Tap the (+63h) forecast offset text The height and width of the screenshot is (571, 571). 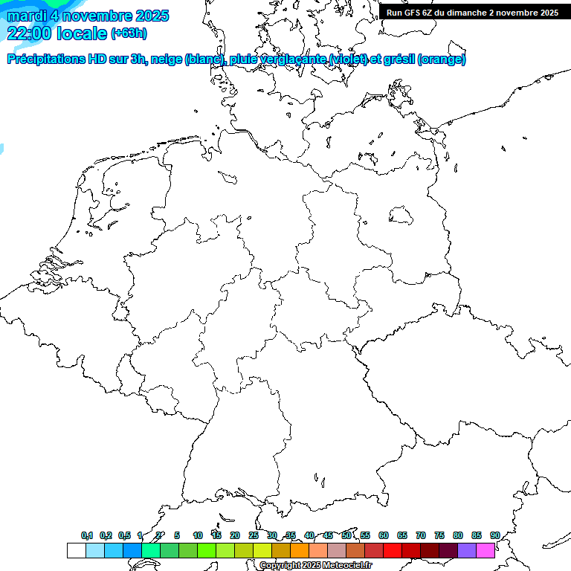(129, 33)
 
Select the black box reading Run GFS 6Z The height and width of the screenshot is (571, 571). (473, 13)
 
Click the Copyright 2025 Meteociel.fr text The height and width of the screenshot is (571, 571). (316, 566)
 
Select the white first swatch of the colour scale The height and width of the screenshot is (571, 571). (76, 551)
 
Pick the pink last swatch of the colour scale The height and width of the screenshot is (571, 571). (485, 551)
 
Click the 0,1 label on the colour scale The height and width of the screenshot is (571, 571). (87, 536)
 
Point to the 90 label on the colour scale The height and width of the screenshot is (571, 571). (495, 536)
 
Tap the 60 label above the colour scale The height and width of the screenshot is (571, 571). (384, 536)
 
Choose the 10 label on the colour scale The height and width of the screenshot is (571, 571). (198, 536)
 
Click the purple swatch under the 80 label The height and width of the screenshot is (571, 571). (467, 551)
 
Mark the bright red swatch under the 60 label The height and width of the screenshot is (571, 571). (393, 551)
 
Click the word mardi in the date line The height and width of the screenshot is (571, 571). (27, 16)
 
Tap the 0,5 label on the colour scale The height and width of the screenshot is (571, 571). (124, 536)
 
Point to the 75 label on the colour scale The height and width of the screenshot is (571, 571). (439, 536)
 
